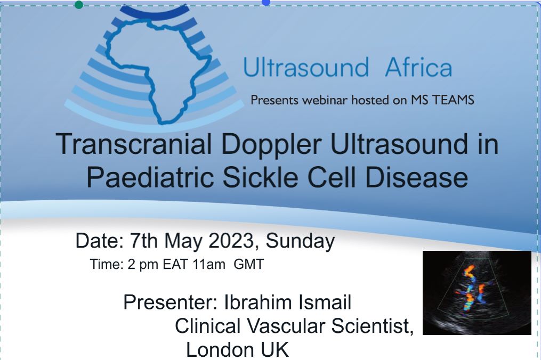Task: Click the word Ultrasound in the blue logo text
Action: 306,67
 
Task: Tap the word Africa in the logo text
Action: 418,67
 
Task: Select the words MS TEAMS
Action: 442,100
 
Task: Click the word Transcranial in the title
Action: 134,144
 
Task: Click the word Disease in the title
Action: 416,177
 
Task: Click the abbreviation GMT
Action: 249,265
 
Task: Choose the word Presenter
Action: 170,302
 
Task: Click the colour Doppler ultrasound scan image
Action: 477,293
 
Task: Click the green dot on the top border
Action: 79,5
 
